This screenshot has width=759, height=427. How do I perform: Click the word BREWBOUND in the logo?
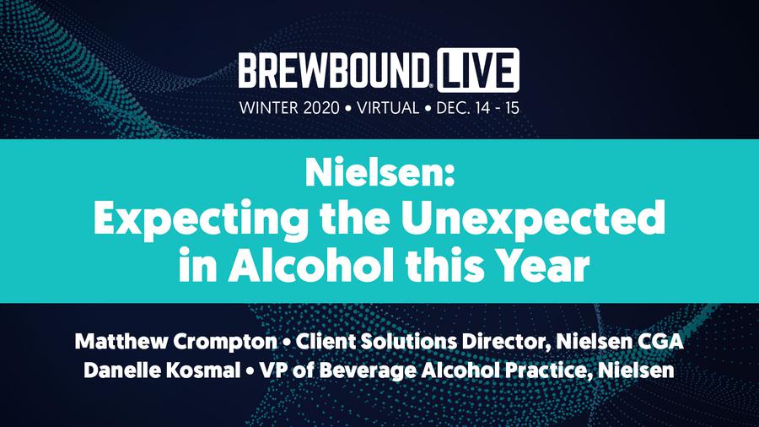point(334,71)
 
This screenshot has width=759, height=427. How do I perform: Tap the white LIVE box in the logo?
point(478,70)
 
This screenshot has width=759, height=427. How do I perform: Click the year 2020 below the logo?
point(321,107)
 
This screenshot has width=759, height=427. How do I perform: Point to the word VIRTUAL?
point(388,107)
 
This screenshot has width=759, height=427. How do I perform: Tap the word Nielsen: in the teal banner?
point(380,173)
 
